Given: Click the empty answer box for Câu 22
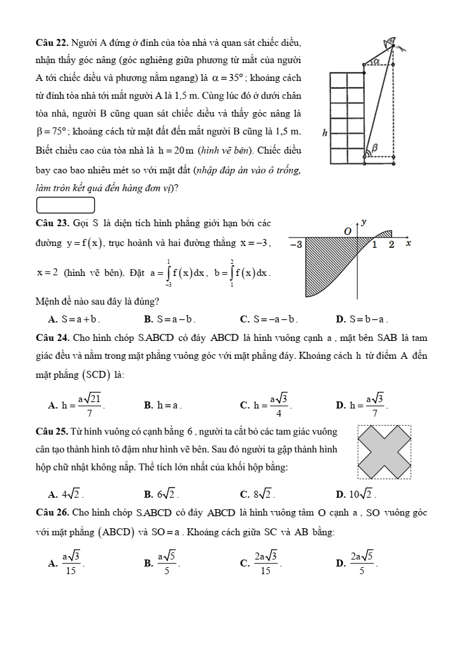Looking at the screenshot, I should tap(66, 205).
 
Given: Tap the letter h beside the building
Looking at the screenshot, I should tap(325, 133).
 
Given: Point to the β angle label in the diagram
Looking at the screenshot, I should tap(375, 147).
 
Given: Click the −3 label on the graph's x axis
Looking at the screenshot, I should tap(296, 244).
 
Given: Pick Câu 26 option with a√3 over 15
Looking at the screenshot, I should tap(70, 561).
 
